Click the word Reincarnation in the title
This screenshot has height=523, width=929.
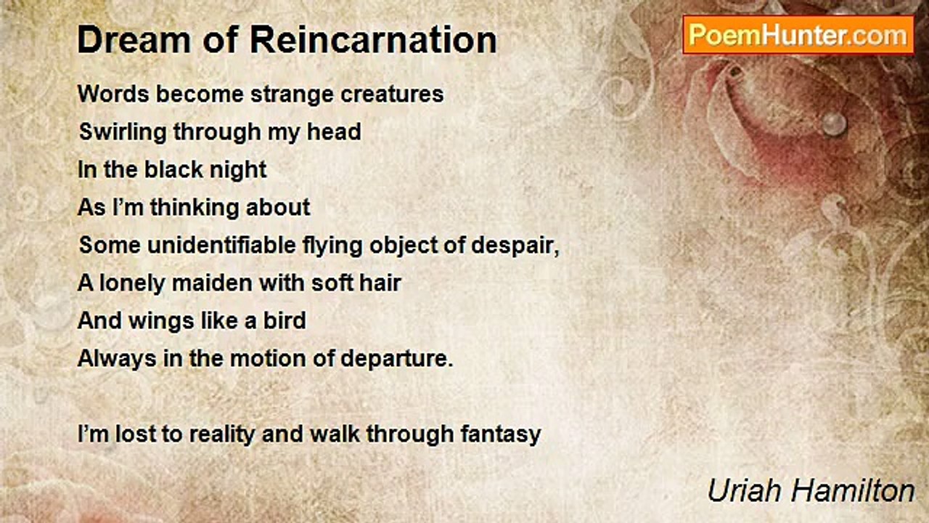pos(373,40)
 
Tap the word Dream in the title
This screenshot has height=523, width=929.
pos(134,40)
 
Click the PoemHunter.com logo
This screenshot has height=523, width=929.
pos(798,35)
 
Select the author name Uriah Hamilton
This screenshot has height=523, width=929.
pos(811,490)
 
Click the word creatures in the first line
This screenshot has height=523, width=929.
pos(392,94)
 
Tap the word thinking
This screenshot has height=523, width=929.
pos(195,208)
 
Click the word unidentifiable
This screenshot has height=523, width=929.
pos(221,245)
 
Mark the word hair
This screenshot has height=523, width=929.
pos(380,283)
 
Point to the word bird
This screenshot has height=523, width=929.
pos(285,321)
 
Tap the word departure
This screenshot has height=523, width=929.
pos(396,360)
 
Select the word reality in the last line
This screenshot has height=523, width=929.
pos(222,435)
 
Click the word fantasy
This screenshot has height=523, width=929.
pos(501,435)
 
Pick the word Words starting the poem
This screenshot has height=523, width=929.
pos(113,94)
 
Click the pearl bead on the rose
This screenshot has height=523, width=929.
pos(834,123)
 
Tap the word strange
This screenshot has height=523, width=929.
pos(292,94)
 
